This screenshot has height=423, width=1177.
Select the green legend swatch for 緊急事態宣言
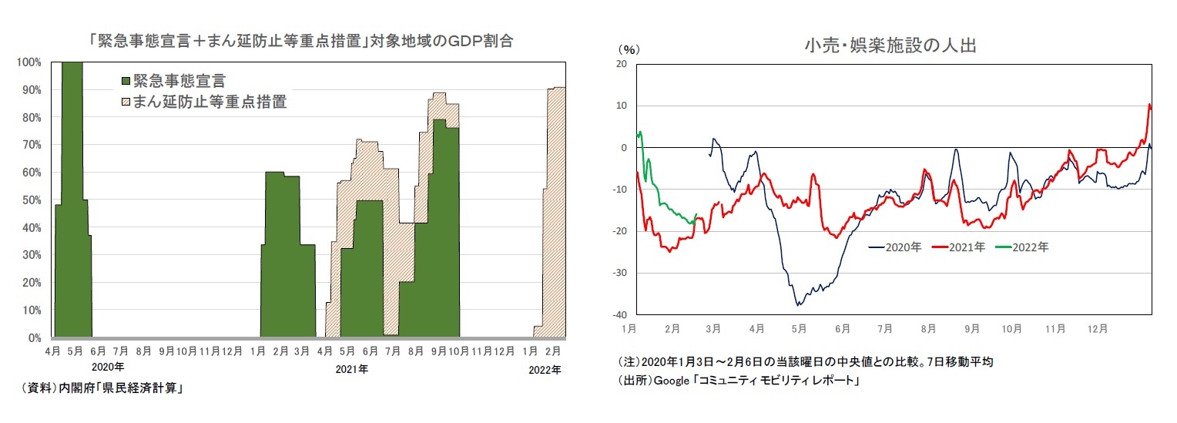pos(126,80)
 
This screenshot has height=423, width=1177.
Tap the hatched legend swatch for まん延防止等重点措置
pos(126,102)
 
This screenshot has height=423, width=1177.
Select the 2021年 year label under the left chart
pos(351,370)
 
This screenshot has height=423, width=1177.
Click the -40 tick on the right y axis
pos(619,315)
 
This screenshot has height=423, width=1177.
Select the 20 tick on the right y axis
pos(621,64)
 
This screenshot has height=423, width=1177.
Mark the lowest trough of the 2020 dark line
pos(798,305)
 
